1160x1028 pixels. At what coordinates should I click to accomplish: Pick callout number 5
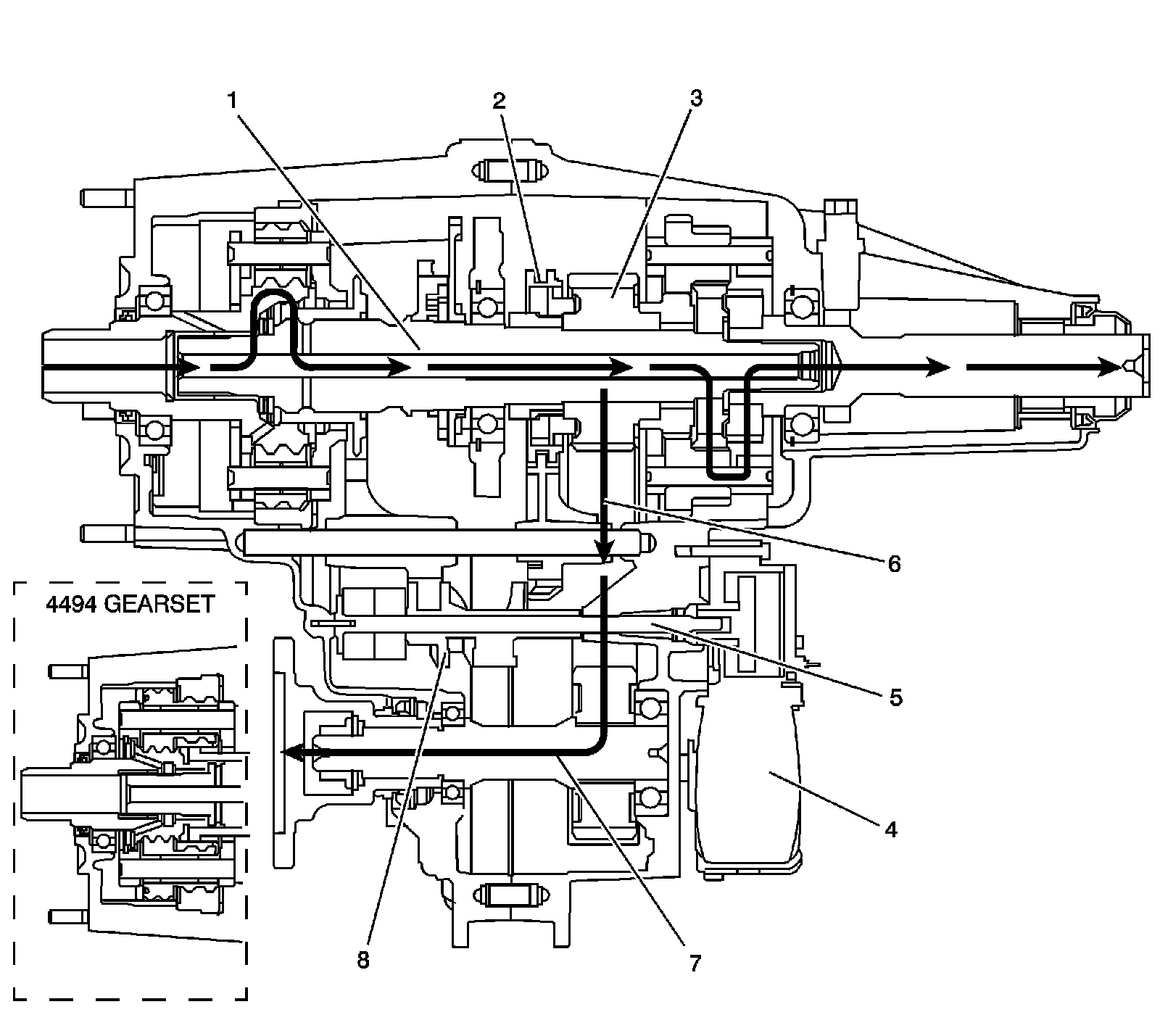895,697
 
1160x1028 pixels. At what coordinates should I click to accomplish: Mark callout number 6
894,563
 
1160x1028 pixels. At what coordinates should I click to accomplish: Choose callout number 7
694,962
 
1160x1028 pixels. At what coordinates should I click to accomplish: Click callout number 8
362,960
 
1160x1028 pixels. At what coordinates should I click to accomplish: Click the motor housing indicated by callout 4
747,783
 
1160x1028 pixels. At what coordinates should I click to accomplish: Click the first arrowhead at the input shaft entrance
190,368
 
